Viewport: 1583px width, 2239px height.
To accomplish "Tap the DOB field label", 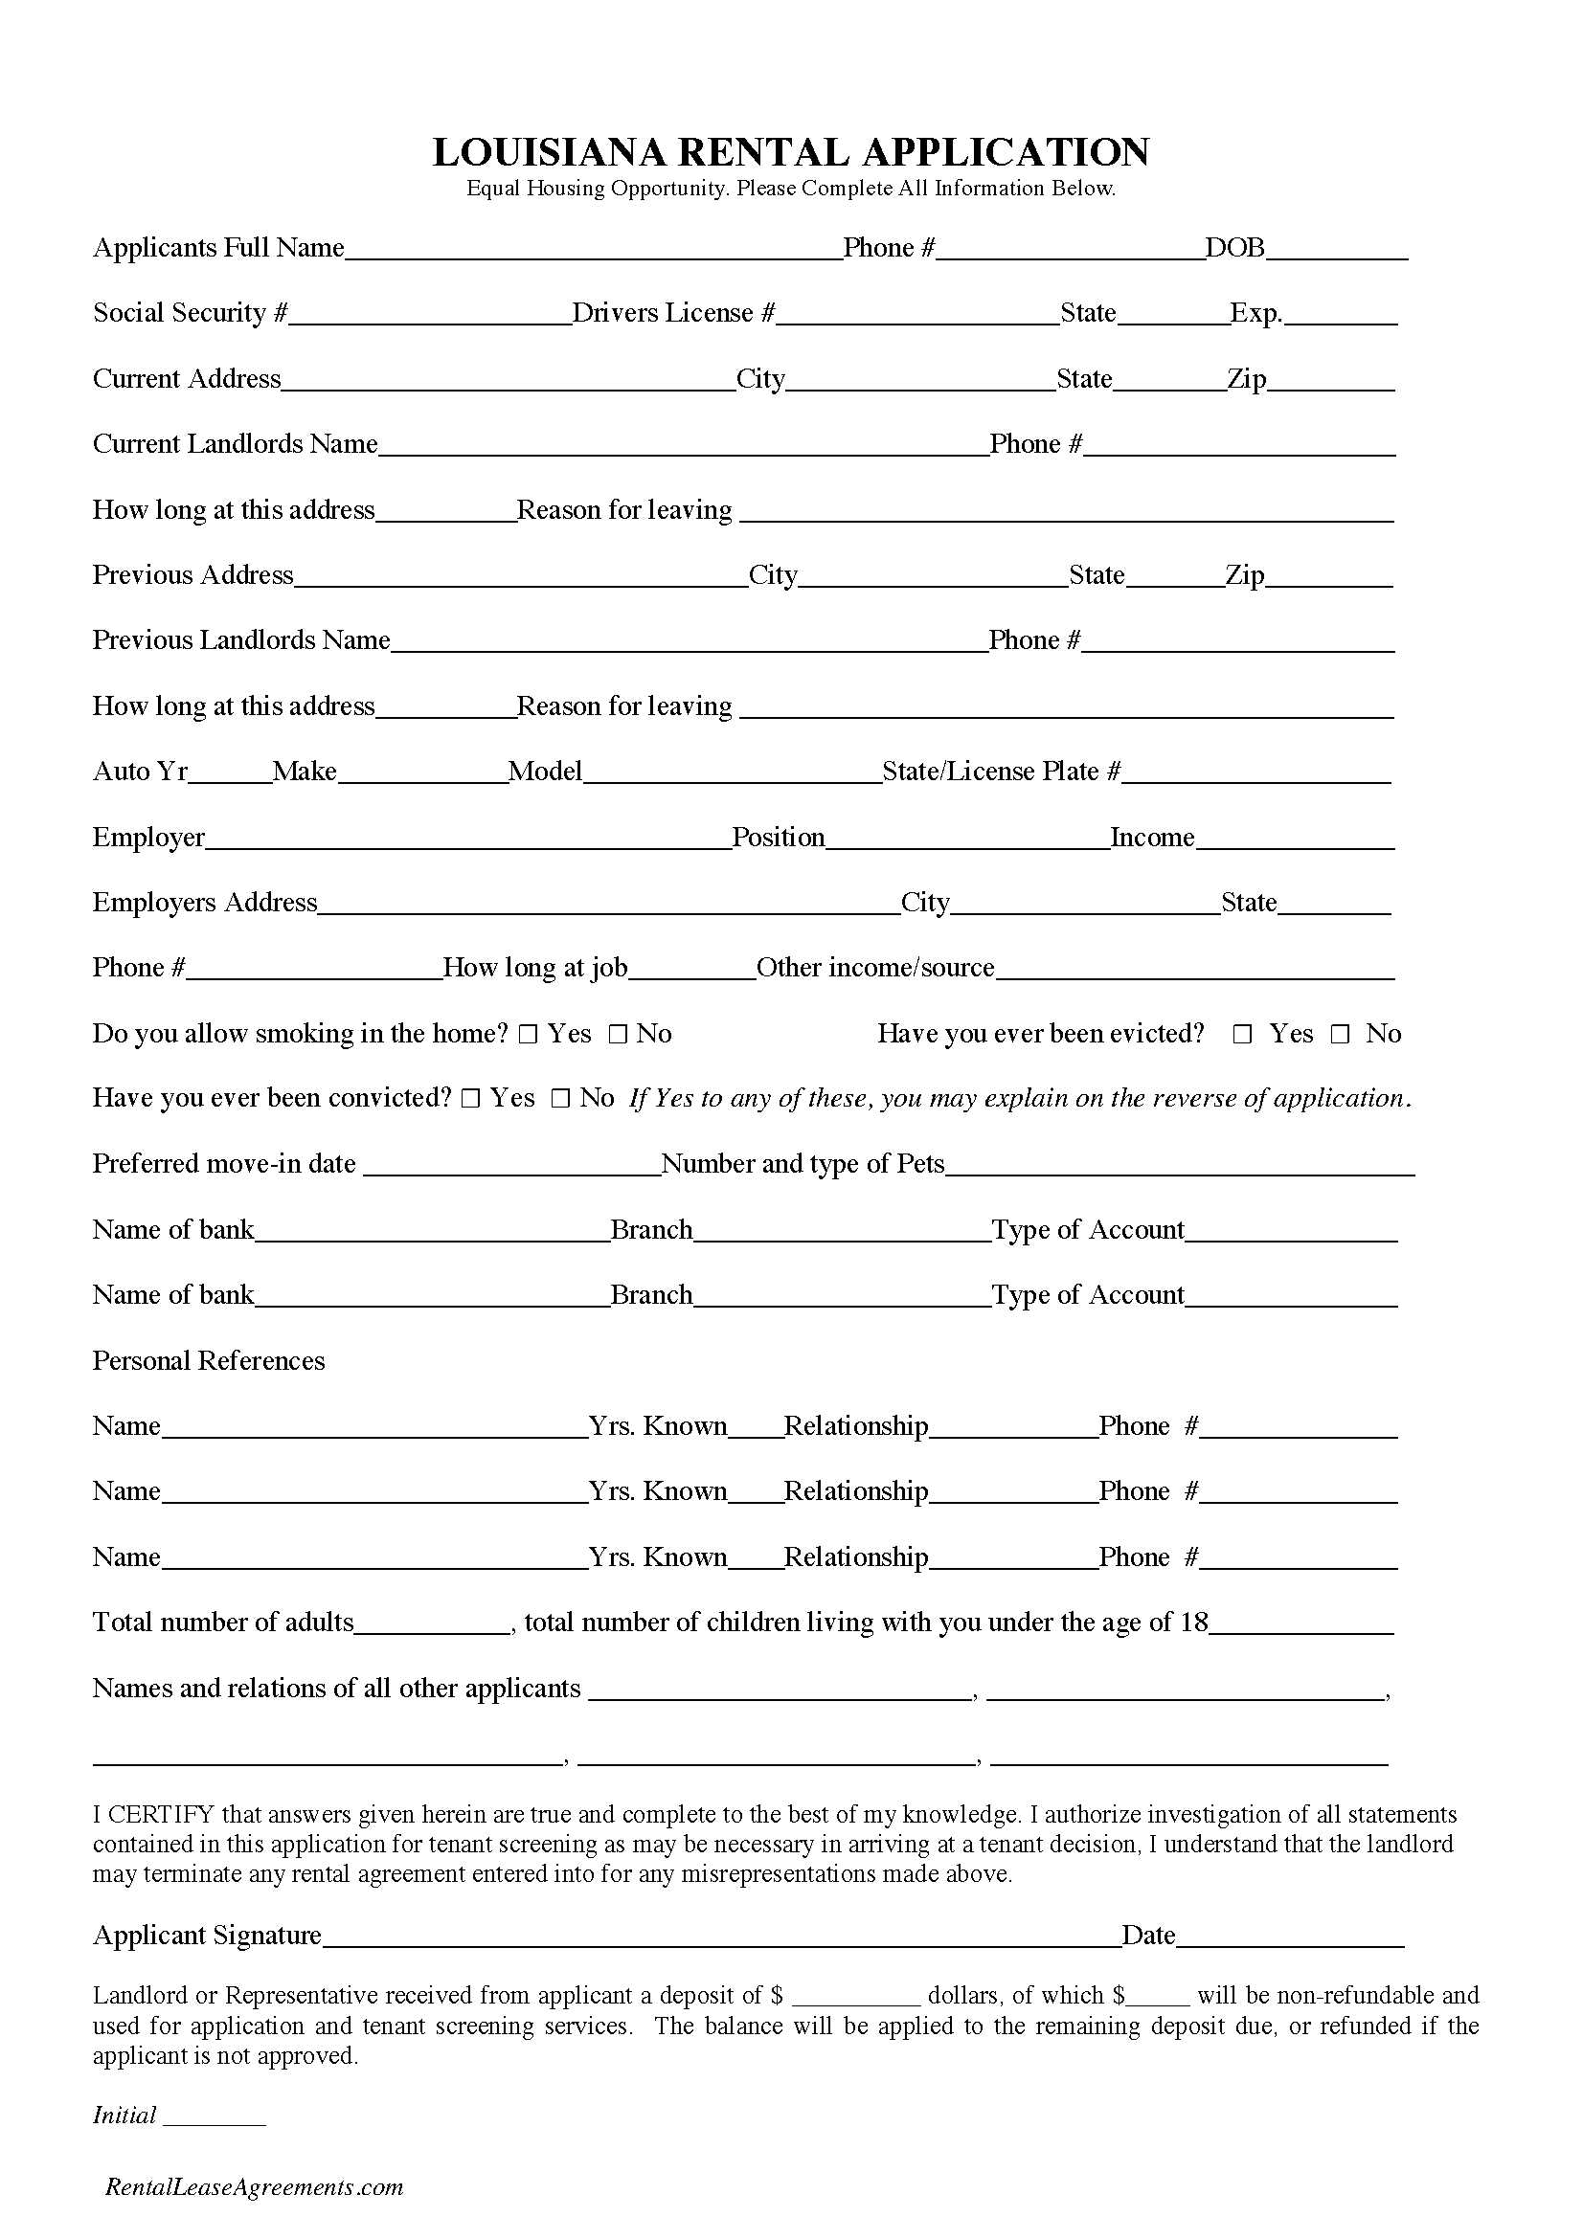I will [1233, 249].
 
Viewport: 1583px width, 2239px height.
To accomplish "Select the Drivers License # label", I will [673, 313].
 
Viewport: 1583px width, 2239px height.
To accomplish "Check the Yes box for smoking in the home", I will [528, 1035].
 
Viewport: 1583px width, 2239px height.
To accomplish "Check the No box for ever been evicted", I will [1340, 1035].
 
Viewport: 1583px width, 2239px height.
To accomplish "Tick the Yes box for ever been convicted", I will [470, 1099].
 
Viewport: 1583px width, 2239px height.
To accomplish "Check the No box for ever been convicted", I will [560, 1099].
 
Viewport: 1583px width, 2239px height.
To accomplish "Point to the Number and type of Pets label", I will [803, 1164].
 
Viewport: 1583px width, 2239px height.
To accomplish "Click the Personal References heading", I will [209, 1361].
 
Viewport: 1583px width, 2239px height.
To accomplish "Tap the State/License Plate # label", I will [1001, 772].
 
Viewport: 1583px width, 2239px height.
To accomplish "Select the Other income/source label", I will [875, 969].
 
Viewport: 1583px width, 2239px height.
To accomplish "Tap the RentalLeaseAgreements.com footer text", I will [254, 2187].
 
